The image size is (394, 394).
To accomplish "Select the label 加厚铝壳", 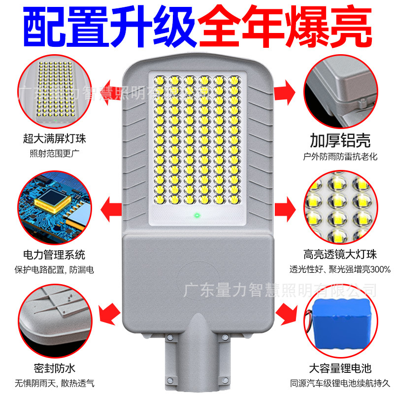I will tap(340, 140).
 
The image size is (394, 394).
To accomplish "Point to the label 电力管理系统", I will tap(54, 255).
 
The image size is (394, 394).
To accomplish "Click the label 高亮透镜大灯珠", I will tap(340, 255).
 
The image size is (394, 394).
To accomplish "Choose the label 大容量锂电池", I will tap(340, 368).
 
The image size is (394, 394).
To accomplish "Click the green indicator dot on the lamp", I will tap(197, 215).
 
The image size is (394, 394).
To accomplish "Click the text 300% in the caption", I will tap(379, 269).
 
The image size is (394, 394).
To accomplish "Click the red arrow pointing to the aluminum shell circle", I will tap(285, 92).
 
